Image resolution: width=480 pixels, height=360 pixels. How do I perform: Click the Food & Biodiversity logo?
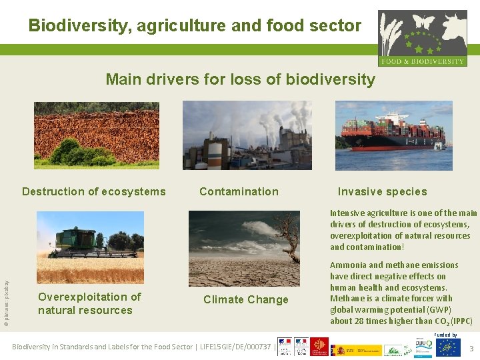click(x=422, y=38)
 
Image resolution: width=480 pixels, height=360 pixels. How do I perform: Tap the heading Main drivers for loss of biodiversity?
click(x=240, y=79)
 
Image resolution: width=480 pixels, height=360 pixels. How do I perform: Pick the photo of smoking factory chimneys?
click(x=247, y=135)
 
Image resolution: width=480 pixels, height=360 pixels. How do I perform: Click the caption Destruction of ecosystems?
click(x=94, y=192)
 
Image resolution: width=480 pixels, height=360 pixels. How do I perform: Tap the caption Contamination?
click(x=239, y=192)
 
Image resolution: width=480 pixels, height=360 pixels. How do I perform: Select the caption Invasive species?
click(x=382, y=192)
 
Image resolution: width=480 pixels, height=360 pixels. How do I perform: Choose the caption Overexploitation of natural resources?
click(x=89, y=304)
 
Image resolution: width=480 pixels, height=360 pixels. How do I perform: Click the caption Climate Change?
click(x=246, y=300)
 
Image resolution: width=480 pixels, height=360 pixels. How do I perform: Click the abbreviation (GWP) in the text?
click(x=438, y=310)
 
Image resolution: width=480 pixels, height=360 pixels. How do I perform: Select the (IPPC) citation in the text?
click(x=461, y=321)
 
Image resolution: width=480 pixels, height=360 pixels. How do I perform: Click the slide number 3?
click(x=471, y=349)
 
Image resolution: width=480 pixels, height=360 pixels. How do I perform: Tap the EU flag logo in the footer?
click(x=448, y=347)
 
